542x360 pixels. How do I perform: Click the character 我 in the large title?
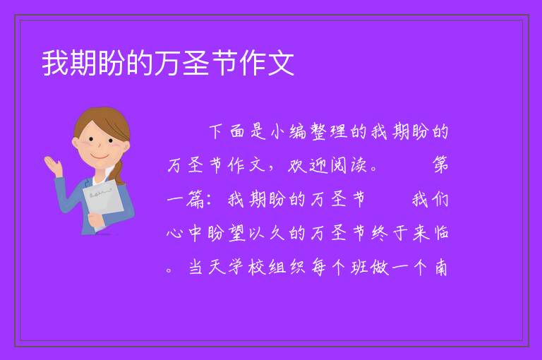55,63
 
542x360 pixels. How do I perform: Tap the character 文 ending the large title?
281,63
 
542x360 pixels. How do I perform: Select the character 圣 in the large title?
196,63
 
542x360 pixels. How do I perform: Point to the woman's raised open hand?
53,164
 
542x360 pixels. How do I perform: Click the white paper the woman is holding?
102,200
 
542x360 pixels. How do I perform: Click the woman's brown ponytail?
119,172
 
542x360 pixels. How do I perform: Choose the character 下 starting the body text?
216,132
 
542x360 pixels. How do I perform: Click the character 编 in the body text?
298,132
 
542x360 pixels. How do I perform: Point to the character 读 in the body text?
359,165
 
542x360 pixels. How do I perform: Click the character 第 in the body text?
440,165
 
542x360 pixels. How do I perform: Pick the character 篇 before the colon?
195,200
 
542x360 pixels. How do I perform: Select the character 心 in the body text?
174,233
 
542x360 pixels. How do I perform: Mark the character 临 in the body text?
440,233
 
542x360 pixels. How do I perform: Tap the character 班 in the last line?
359,267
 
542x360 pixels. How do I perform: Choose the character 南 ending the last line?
440,267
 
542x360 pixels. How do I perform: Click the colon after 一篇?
208,200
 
